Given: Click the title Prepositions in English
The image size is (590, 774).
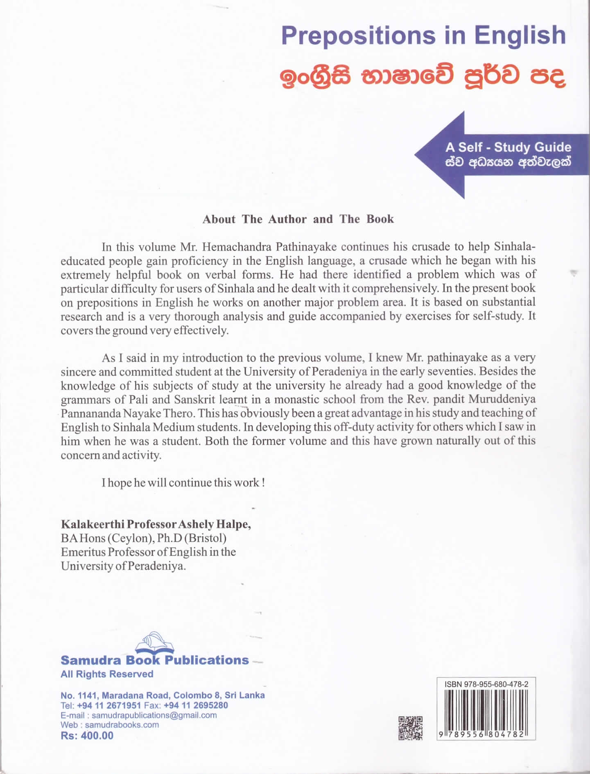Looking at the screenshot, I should (x=423, y=36).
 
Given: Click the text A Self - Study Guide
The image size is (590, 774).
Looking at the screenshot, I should (x=508, y=147).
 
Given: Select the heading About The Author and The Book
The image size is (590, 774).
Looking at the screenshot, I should (x=298, y=219).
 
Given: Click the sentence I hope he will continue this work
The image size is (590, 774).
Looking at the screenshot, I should (x=183, y=483).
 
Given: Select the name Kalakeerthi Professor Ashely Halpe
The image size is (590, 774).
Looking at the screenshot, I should (x=156, y=524).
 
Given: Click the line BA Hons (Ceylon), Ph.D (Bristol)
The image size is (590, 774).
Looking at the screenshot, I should (x=143, y=538).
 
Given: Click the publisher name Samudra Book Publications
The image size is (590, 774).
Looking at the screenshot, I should (x=154, y=660).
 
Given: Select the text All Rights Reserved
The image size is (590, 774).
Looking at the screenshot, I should (x=106, y=674).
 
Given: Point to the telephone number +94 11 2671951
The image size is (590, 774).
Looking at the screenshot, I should (x=109, y=705).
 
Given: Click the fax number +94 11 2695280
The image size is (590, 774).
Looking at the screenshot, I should (x=195, y=705).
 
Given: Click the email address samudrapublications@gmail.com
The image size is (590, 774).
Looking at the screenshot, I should (x=154, y=715).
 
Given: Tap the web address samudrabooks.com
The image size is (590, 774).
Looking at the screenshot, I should (x=122, y=725).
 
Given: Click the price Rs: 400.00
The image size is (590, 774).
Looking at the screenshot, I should (x=87, y=736).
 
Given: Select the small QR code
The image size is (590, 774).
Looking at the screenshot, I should (x=410, y=728).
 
